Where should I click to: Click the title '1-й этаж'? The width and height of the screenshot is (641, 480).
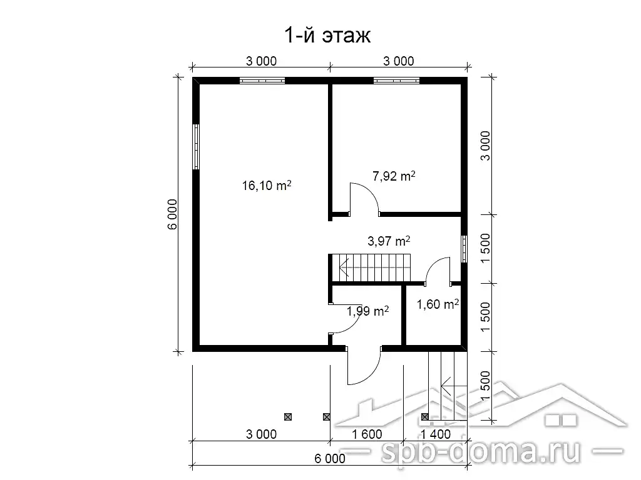(x=327, y=35)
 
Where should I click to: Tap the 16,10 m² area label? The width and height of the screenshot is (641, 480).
(x=267, y=185)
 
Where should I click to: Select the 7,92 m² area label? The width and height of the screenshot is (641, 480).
(x=394, y=176)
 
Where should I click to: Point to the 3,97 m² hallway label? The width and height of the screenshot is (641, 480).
(x=389, y=241)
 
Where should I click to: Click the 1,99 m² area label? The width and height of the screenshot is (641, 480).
(x=367, y=311)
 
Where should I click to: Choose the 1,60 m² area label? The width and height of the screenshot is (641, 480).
(x=438, y=304)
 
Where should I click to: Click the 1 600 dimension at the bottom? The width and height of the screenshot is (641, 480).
(x=367, y=434)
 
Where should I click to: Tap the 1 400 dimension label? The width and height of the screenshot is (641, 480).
(x=436, y=434)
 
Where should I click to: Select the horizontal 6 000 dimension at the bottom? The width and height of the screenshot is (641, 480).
(x=330, y=459)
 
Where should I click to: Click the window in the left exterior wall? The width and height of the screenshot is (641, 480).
(x=196, y=146)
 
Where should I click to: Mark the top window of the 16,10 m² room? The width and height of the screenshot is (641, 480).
(x=262, y=81)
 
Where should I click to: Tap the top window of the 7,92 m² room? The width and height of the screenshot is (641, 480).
(x=396, y=81)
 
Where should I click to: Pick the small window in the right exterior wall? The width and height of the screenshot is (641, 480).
(x=464, y=249)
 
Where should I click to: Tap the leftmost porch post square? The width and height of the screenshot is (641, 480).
(x=288, y=417)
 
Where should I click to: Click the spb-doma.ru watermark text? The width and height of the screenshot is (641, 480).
(x=481, y=451)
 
